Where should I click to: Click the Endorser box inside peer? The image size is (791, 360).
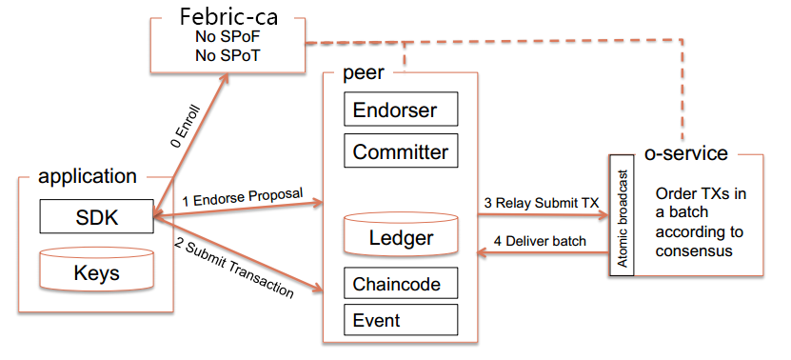click(401, 109)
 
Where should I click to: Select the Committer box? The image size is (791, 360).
click(401, 150)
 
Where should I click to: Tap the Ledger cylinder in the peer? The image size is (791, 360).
click(401, 233)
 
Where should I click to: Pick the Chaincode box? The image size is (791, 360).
click(401, 283)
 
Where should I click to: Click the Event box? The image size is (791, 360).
click(401, 320)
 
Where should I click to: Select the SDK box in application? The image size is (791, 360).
click(96, 216)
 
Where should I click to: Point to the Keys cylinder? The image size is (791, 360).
click(96, 270)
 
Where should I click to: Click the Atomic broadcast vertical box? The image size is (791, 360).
click(622, 215)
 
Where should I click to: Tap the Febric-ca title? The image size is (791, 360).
click(228, 16)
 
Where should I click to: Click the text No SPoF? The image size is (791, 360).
click(227, 37)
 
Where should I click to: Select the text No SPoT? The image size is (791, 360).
click(227, 55)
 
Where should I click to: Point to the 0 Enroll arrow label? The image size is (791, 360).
click(186, 127)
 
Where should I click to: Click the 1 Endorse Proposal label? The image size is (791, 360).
click(243, 197)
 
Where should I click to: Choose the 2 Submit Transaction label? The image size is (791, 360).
click(234, 267)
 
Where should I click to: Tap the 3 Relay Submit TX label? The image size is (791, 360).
click(542, 203)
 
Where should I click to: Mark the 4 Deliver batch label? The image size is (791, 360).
click(540, 241)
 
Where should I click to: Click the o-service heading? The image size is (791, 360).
click(686, 153)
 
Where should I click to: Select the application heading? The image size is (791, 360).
click(88, 176)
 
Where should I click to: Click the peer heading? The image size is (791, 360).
click(364, 72)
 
